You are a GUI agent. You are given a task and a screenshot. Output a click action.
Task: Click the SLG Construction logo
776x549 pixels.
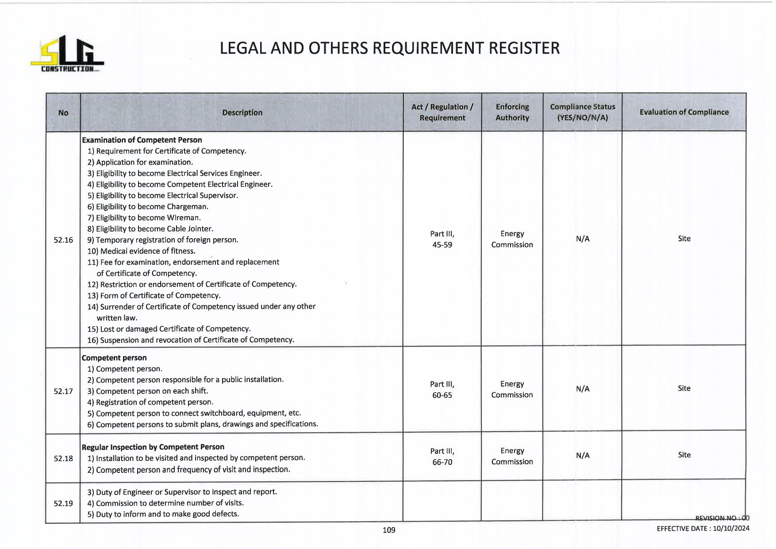coord(67,54)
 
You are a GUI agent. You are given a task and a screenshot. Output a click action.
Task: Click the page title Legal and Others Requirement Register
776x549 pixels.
coord(389,48)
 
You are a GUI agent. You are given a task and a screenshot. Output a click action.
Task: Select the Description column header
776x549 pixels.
coord(242,112)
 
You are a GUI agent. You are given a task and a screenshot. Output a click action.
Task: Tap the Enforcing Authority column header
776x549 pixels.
coord(512,112)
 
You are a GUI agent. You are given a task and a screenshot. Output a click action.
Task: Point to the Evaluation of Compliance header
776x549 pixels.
coord(684,112)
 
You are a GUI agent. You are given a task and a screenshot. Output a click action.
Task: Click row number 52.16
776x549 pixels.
coord(63,240)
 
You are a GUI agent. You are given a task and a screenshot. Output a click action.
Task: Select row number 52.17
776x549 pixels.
coord(63,391)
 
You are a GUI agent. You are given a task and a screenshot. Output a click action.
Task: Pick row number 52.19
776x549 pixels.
coord(63,503)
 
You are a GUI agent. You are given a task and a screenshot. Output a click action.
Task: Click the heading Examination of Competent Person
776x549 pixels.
coord(142,140)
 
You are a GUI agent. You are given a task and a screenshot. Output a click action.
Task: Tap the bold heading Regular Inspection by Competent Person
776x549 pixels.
coord(153,447)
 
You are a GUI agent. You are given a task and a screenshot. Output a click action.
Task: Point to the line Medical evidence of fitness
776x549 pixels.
coord(142,251)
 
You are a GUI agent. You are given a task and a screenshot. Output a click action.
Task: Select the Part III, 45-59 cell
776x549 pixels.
coord(442,239)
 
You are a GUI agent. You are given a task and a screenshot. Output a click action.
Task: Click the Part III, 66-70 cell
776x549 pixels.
coord(442,456)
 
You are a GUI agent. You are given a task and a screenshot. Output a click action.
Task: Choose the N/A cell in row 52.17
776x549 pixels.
coord(582,389)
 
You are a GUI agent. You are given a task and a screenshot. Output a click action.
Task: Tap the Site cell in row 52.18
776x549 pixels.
coord(684,455)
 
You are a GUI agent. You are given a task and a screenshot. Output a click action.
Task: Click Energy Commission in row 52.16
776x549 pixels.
coord(512,239)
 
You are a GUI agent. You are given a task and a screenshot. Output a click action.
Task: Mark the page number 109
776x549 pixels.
coord(388,530)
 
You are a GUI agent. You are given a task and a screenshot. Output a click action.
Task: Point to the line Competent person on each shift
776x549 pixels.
coord(148,391)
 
